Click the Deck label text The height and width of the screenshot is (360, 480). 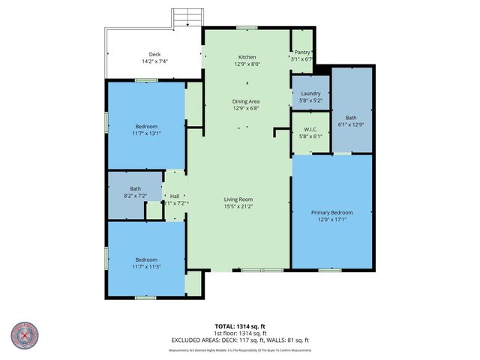pos(154,54)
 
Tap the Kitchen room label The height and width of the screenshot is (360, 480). pos(247,57)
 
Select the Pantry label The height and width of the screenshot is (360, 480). pos(302,52)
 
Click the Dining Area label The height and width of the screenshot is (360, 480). pos(247,100)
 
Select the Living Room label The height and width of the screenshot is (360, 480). pos(237,199)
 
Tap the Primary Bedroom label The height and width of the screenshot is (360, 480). pos(331,213)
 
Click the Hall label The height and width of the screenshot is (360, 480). pos(174,196)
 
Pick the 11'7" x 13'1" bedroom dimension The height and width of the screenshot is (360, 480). pos(146,133)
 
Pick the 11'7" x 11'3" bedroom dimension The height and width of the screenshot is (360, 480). pos(146,266)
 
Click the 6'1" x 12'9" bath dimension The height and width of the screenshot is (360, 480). pos(351,125)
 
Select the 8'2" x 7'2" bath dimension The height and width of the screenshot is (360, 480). pos(135,196)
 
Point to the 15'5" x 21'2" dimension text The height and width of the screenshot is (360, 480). pos(237,206)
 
